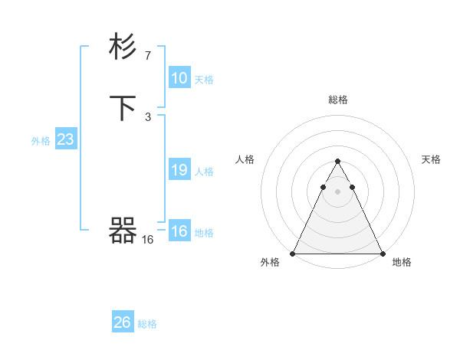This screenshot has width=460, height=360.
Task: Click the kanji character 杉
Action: point(123,47)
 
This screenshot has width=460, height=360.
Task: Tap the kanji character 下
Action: point(123,108)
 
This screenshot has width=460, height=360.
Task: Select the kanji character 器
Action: point(123,231)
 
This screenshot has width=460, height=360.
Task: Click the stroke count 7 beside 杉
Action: point(148,55)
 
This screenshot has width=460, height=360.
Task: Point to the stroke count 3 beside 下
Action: point(148,116)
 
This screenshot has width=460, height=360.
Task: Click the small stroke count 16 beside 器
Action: point(148,240)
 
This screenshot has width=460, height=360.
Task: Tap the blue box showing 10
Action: point(179,78)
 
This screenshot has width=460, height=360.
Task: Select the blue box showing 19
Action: point(179,170)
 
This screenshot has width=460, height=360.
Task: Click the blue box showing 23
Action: point(66,140)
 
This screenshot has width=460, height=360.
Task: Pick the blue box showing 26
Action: point(123,322)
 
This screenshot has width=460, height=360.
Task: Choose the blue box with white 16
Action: point(179,231)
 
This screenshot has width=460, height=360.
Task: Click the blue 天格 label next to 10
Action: point(204,80)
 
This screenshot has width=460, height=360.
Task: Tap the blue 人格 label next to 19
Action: point(204,172)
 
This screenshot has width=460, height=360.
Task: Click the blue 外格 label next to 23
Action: point(41,141)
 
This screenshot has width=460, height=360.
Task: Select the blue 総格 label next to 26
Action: point(147,324)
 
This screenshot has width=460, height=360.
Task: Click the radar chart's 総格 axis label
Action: point(338,100)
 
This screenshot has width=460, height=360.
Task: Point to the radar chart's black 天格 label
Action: point(432,159)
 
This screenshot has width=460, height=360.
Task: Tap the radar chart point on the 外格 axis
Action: point(293,254)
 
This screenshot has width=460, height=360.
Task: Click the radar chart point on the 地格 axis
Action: point(383,254)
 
